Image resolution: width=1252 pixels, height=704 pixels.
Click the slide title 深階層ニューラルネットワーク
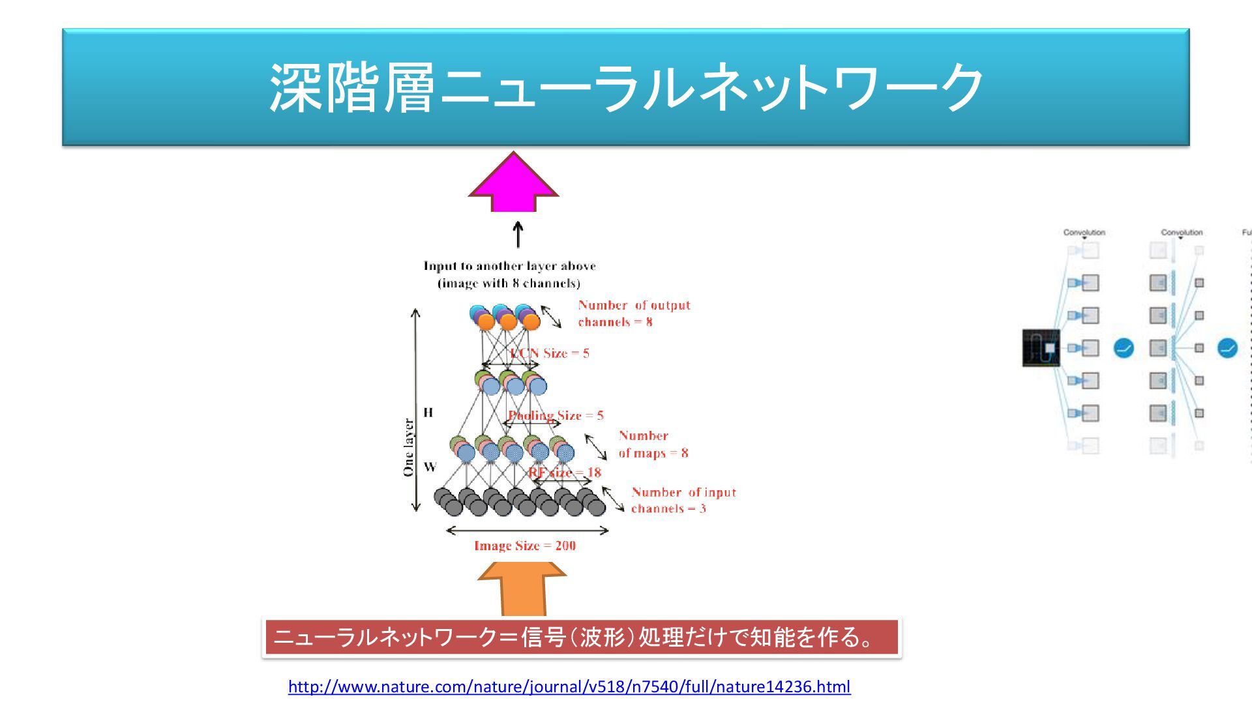[x=626, y=87]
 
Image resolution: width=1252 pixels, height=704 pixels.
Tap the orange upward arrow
[x=522, y=590]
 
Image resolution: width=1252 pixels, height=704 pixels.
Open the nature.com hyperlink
[x=569, y=686]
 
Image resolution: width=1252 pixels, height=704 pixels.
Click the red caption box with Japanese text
[x=581, y=637]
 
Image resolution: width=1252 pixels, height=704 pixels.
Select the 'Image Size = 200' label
[x=525, y=546]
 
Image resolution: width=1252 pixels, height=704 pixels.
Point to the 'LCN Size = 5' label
[x=550, y=353]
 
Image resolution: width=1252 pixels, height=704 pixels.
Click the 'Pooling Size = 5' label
[x=556, y=415]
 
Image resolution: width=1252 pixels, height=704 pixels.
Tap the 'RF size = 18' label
[x=565, y=472]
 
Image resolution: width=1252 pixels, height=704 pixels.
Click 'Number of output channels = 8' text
[x=634, y=314]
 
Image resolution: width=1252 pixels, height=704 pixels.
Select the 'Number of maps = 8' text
[x=653, y=444]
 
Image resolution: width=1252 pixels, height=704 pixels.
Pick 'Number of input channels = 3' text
[x=683, y=500]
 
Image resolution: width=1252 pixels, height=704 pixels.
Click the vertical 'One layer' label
[x=409, y=447]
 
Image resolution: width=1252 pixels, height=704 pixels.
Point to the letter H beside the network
[x=428, y=412]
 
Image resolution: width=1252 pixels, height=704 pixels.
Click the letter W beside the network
[x=430, y=467]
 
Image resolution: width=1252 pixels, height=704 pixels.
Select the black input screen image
[x=1041, y=348]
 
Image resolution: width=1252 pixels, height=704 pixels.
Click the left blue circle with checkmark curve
[x=1123, y=348]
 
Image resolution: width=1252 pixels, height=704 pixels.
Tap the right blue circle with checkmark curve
[x=1227, y=348]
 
